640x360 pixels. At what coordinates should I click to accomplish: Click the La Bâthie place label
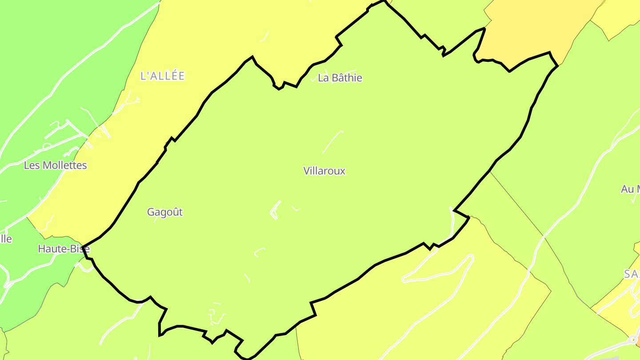pos(340,78)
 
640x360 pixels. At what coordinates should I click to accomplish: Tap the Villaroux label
pos(324,171)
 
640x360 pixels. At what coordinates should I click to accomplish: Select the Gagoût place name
pos(165,212)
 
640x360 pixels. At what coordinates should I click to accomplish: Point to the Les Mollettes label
pos(56,165)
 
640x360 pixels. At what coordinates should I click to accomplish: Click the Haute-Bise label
pos(64,249)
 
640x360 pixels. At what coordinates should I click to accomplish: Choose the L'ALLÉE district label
pos(162,76)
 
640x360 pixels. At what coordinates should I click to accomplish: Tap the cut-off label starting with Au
pos(630,189)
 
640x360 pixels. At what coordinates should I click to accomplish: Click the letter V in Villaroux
pos(306,171)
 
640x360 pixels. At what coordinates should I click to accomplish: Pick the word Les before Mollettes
pos(32,165)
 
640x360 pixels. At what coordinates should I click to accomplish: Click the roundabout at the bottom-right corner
pos(632,340)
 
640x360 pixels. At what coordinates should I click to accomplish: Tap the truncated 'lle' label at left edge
pos(6,239)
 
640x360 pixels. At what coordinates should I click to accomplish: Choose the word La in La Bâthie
pos(323,78)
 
